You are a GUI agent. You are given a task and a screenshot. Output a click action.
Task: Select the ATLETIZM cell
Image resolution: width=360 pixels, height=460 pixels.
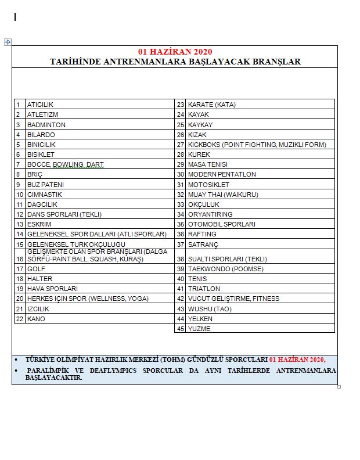pos(42,114)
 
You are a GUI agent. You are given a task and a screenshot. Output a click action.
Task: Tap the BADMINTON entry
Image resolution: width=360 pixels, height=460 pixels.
pos(46,125)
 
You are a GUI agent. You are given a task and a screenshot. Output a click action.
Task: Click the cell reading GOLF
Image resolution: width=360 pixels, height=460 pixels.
pos(36,269)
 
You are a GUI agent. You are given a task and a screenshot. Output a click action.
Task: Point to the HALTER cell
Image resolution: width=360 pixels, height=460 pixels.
pos(39,279)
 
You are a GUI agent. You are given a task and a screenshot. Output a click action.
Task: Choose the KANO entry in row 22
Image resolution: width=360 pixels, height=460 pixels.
pos(36,319)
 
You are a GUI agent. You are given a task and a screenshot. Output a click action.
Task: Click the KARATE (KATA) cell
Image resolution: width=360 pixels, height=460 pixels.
pos(211,105)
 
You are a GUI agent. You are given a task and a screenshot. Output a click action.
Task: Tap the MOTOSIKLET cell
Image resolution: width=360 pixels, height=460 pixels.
pos(208,185)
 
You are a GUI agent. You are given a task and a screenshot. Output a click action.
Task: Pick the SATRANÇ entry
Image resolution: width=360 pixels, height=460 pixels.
pos(203,245)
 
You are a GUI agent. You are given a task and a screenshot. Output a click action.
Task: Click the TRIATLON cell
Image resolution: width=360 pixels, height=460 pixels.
pos(204,289)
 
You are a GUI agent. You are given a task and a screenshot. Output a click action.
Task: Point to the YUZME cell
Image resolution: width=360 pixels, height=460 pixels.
pos(199,329)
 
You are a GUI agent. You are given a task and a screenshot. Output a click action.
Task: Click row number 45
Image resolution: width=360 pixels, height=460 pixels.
pos(181,329)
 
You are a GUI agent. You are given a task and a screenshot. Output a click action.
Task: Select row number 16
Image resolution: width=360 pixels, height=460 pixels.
pos(20,259)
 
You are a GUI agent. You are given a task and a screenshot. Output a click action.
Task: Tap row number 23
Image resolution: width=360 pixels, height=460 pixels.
pos(181,105)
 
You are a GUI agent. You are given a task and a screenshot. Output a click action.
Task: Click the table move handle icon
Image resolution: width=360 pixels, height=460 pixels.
pos(8,42)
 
